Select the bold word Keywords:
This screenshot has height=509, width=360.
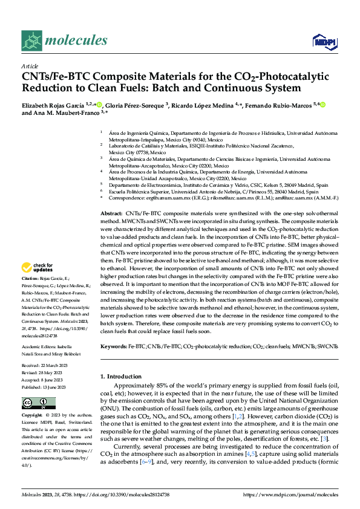pyautogui.click(x=114, y=347)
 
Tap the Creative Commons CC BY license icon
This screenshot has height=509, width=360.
pyautogui.click(x=31, y=403)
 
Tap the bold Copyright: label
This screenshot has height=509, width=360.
pyautogui.click(x=32, y=416)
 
